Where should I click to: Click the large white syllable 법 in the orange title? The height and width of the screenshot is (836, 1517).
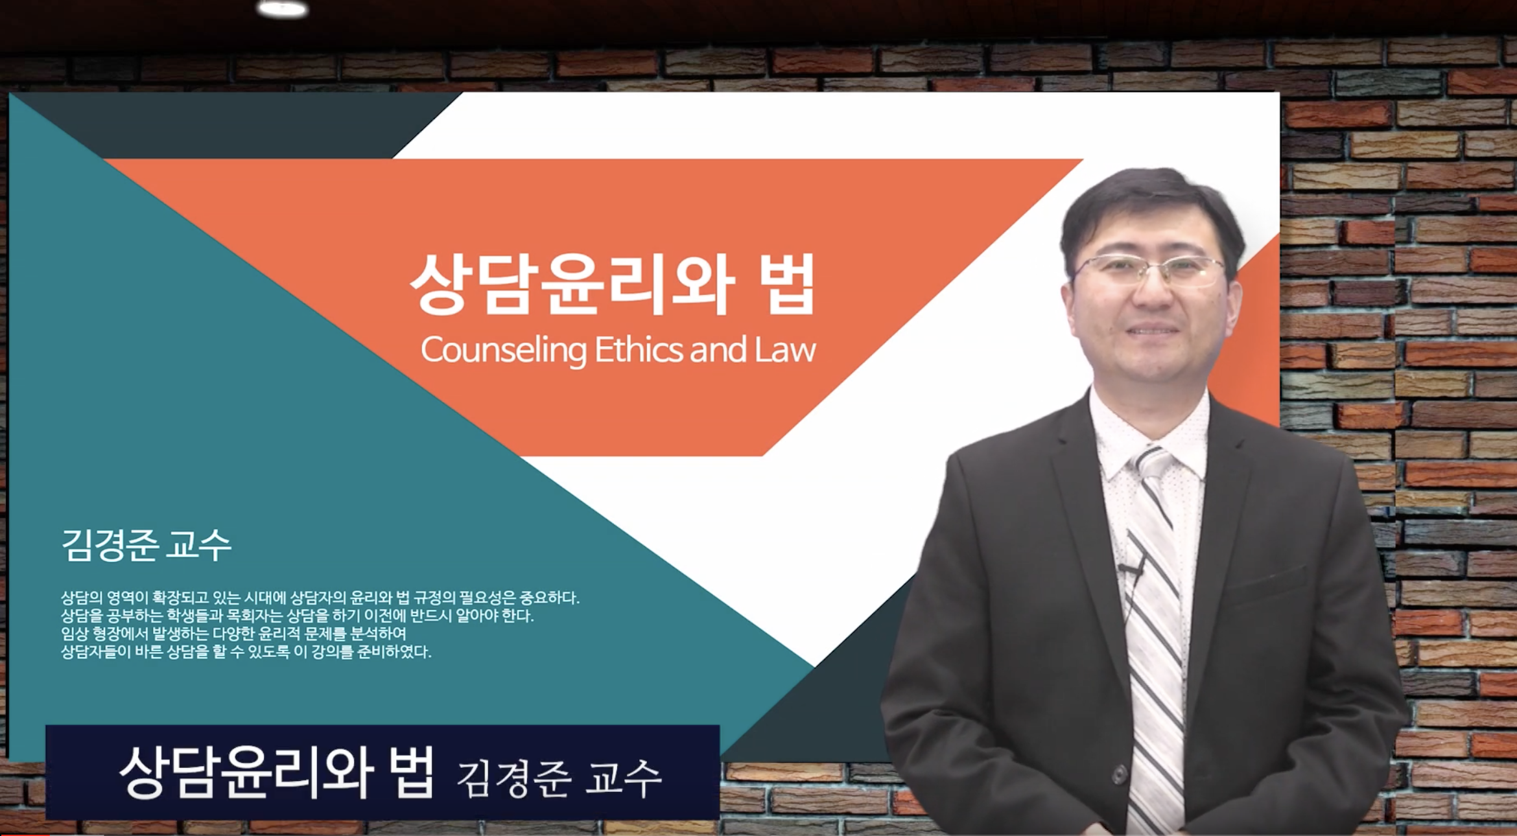pyautogui.click(x=787, y=284)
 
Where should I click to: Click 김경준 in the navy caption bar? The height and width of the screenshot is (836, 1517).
pyautogui.click(x=514, y=778)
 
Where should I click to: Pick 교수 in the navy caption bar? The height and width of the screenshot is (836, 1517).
pyautogui.click(x=623, y=778)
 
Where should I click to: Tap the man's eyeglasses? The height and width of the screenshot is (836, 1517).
pyautogui.click(x=1148, y=271)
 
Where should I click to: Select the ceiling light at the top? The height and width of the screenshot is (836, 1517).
pyautogui.click(x=282, y=8)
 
